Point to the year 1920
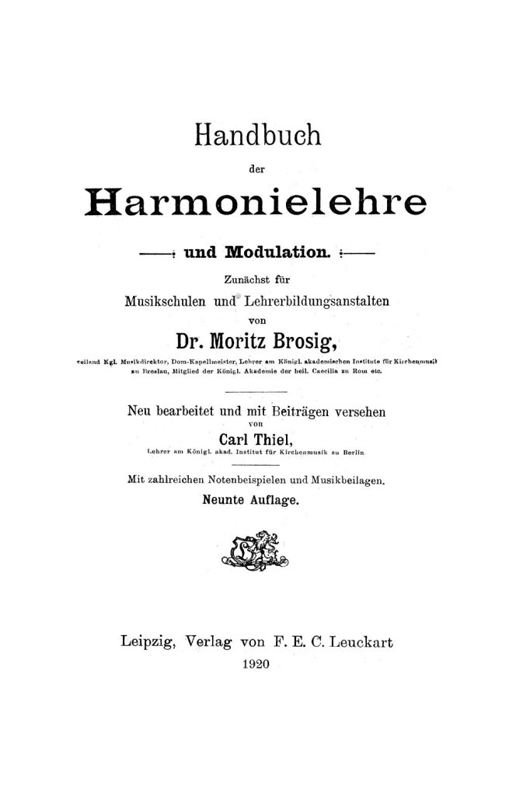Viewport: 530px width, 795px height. click(256, 665)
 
